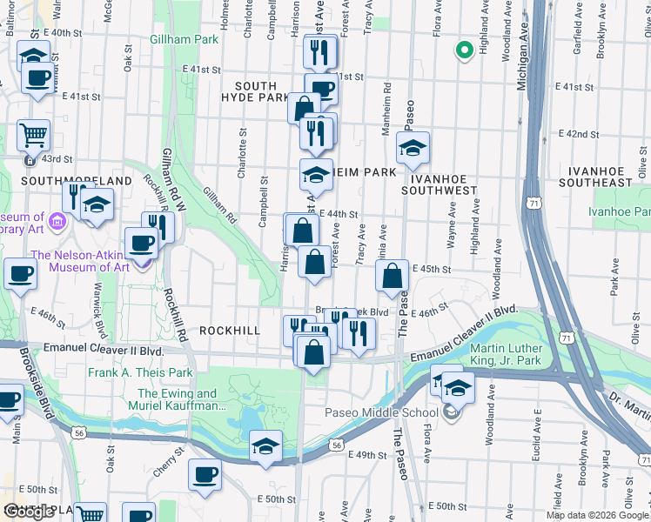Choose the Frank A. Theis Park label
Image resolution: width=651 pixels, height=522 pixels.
click(140, 372)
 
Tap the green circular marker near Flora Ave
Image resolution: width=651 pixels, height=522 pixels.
click(464, 50)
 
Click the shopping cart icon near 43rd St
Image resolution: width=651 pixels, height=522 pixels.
click(34, 135)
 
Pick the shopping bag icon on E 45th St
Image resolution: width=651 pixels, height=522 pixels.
click(393, 276)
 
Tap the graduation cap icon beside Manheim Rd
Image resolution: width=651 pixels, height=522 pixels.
click(413, 147)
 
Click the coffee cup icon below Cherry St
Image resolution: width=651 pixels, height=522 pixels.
click(205, 475)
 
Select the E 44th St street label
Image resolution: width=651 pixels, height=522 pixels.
click(339, 214)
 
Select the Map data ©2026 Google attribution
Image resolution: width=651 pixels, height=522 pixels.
click(597, 515)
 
